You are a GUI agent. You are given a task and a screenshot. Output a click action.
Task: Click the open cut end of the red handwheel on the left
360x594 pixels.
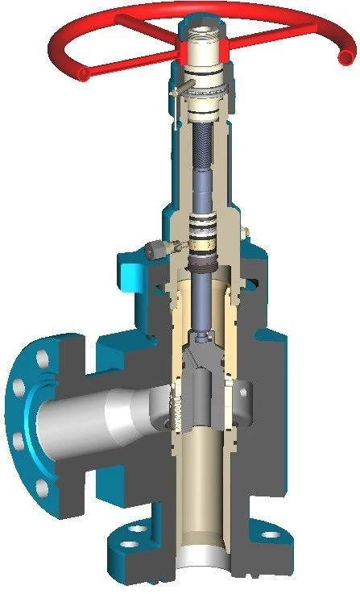click(x=83, y=74)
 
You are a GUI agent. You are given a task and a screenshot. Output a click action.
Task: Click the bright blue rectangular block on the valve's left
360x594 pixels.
click(x=127, y=270)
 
